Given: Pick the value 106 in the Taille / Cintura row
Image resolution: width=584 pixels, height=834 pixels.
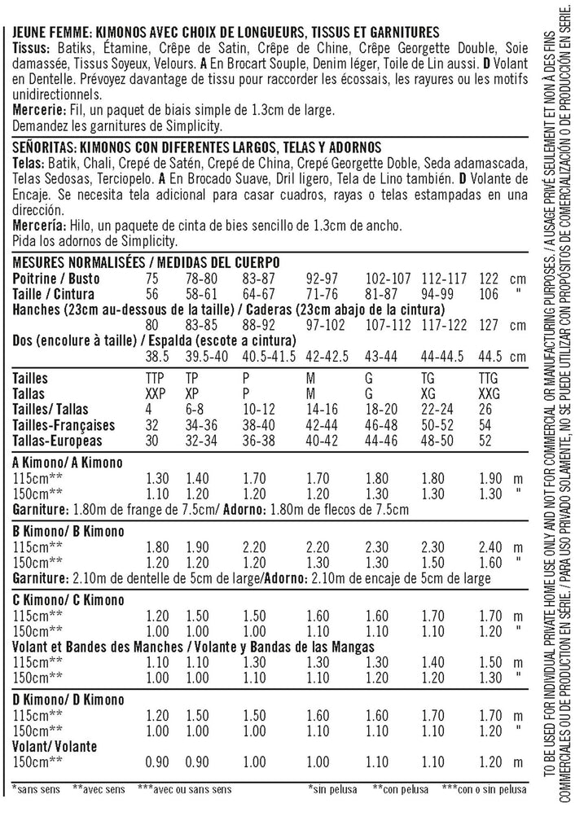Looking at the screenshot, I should click(x=489, y=294).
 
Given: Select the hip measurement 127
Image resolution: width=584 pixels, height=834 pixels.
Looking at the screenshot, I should click(x=489, y=325).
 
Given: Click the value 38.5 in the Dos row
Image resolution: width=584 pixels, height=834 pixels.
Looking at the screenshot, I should click(x=156, y=356).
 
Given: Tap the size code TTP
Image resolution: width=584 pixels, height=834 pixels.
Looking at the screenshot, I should click(x=154, y=379).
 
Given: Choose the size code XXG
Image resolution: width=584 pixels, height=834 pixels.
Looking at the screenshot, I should click(x=490, y=394).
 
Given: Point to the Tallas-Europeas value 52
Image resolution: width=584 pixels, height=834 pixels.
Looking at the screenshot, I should click(x=485, y=441).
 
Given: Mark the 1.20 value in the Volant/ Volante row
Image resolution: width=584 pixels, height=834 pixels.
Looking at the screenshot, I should click(x=490, y=762).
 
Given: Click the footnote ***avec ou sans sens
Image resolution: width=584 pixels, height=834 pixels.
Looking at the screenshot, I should click(x=186, y=789).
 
